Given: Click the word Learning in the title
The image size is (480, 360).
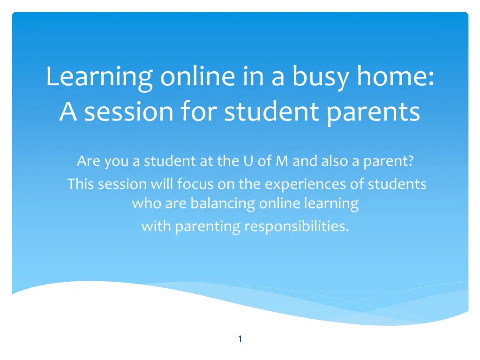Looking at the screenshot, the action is click(99, 78).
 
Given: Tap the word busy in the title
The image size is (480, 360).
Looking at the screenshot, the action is click(321, 77).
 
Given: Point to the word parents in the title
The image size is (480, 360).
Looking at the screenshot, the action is click(373, 112).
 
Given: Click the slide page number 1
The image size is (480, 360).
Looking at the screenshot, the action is click(240, 338).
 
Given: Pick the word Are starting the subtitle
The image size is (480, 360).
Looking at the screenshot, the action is click(89, 161).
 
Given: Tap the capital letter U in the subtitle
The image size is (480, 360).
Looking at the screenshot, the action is click(248, 161).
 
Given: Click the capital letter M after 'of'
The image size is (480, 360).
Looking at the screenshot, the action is click(282, 161).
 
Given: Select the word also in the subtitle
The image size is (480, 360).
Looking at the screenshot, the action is click(334, 161).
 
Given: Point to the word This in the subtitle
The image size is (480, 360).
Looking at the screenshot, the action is click(80, 184).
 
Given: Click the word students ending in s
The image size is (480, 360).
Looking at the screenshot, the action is click(397, 184).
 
